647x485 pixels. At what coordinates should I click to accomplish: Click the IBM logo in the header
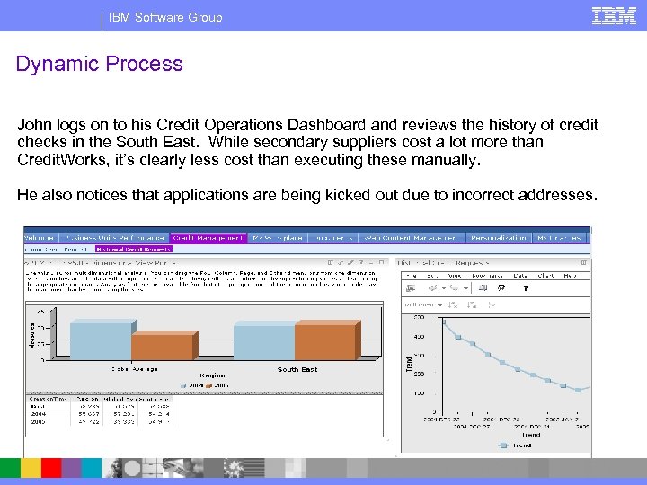pyautogui.click(x=614, y=15)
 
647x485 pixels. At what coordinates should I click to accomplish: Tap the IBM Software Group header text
pyautogui.click(x=164, y=17)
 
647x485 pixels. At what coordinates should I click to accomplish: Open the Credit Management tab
pyautogui.click(x=208, y=238)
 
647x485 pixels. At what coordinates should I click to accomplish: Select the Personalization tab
pyautogui.click(x=498, y=238)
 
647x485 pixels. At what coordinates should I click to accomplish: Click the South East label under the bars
pyautogui.click(x=297, y=369)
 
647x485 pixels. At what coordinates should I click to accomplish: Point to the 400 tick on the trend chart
pyautogui.click(x=419, y=337)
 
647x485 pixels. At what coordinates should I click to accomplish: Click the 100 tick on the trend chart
pyautogui.click(x=419, y=393)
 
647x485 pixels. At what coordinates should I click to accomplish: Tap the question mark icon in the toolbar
pyautogui.click(x=526, y=288)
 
